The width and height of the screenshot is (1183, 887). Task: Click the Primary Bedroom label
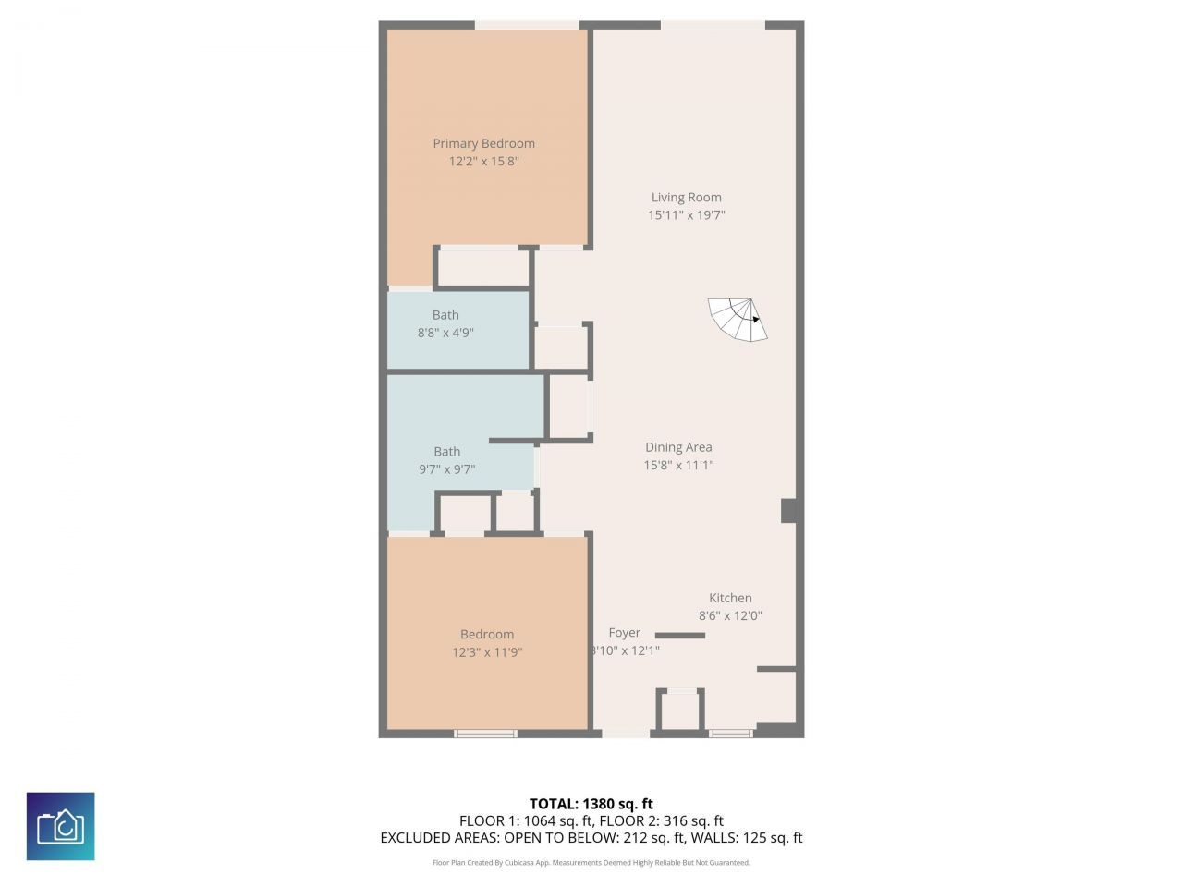tap(483, 143)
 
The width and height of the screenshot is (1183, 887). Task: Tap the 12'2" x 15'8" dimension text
tap(483, 162)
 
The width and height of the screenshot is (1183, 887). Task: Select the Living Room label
tap(686, 197)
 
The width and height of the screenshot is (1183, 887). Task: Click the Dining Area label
tap(678, 447)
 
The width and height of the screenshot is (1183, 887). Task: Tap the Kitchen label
tap(730, 598)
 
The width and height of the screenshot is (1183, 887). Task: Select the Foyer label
tap(625, 633)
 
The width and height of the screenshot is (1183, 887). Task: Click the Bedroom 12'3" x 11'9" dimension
tap(487, 652)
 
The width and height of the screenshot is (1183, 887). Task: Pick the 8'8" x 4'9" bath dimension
tap(445, 333)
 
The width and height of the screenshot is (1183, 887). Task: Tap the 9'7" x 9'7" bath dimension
tap(446, 469)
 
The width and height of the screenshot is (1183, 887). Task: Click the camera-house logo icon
tap(60, 826)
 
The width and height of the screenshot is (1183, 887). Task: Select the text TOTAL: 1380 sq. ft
tap(591, 804)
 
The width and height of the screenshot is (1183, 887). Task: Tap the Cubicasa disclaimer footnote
tap(591, 863)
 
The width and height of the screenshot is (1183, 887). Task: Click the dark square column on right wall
tap(789, 511)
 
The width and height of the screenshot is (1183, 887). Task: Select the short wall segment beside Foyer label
tap(680, 636)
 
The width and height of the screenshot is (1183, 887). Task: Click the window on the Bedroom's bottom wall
tap(485, 734)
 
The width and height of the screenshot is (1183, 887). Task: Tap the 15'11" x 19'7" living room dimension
tap(686, 215)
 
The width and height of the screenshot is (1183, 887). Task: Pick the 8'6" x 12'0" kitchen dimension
tap(730, 615)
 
